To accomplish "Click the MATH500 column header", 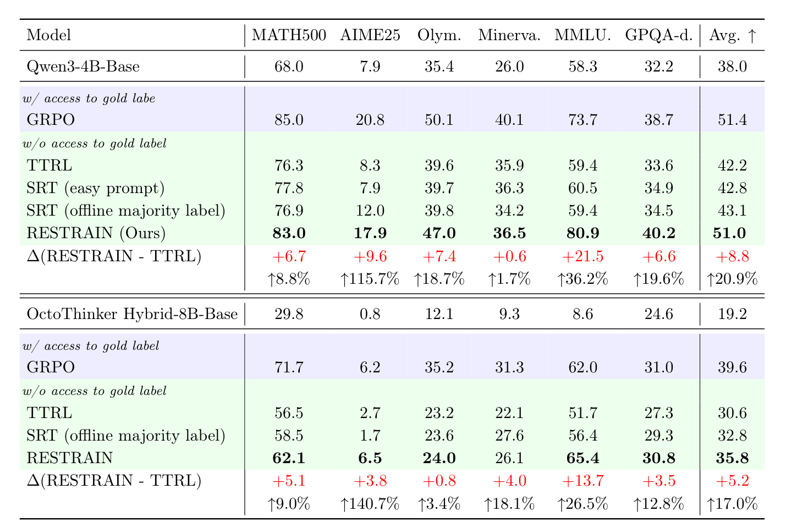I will (289, 36).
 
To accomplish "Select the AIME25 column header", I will (370, 36).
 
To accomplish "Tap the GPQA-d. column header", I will (658, 36).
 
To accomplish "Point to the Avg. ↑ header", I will (733, 36).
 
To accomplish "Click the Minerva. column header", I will (509, 36).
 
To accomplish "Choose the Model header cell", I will (49, 36).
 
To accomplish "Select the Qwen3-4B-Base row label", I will (83, 67).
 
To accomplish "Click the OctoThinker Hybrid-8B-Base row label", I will (132, 314).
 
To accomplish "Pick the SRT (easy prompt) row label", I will (96, 188).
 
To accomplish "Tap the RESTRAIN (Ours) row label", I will (96, 233).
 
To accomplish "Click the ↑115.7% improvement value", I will (370, 279).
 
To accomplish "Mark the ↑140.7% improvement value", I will (370, 504).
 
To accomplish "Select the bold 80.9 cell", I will (583, 233).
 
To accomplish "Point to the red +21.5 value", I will (583, 256).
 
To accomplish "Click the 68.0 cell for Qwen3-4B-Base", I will (289, 67).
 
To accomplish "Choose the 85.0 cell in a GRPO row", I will (289, 119).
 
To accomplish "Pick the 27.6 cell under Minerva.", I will (509, 436).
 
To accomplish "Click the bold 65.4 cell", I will (583, 458).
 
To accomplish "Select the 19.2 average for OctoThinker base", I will (733, 314).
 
